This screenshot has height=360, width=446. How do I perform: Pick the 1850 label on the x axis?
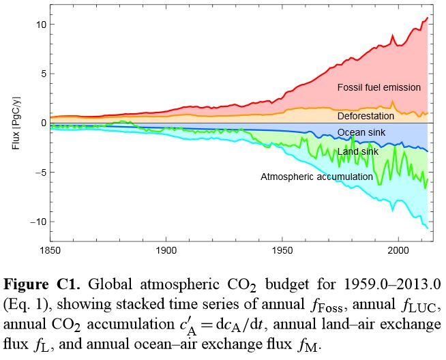point(50,251)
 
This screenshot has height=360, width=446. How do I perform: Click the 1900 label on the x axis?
point(166,251)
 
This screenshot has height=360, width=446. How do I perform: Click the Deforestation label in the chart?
point(370,117)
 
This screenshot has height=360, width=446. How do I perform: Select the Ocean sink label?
point(359,132)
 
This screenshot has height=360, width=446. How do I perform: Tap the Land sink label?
point(357,151)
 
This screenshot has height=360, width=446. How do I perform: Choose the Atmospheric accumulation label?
point(316,177)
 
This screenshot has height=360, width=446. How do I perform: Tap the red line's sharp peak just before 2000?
point(393,35)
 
